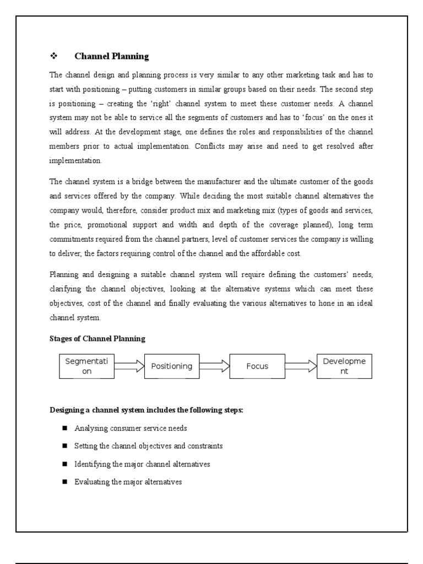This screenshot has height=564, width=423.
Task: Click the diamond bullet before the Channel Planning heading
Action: pyautogui.click(x=53, y=56)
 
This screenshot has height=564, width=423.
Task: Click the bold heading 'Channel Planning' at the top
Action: pyautogui.click(x=112, y=56)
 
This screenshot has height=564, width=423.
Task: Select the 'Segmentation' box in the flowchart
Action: pyautogui.click(x=86, y=366)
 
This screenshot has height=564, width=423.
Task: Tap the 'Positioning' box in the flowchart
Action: pyautogui.click(x=172, y=366)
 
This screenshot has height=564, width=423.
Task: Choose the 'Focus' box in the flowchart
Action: pyautogui.click(x=257, y=366)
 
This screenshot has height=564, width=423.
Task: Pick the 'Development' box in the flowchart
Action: pyautogui.click(x=344, y=366)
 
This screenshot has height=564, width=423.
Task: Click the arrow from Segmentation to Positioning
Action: pyautogui.click(x=129, y=366)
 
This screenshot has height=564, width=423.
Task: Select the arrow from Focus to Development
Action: pyautogui.click(x=301, y=366)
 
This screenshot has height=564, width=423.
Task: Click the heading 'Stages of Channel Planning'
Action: pyautogui.click(x=97, y=339)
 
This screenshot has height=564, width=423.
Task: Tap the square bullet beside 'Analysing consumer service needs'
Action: pyautogui.click(x=64, y=428)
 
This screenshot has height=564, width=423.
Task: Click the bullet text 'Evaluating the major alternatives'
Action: pyautogui.click(x=128, y=482)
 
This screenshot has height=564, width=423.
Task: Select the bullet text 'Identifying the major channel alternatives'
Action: pyautogui.click(x=142, y=464)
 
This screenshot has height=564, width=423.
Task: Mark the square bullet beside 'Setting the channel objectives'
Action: pyautogui.click(x=64, y=446)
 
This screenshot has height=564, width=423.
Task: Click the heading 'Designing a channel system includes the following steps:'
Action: pyautogui.click(x=147, y=410)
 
